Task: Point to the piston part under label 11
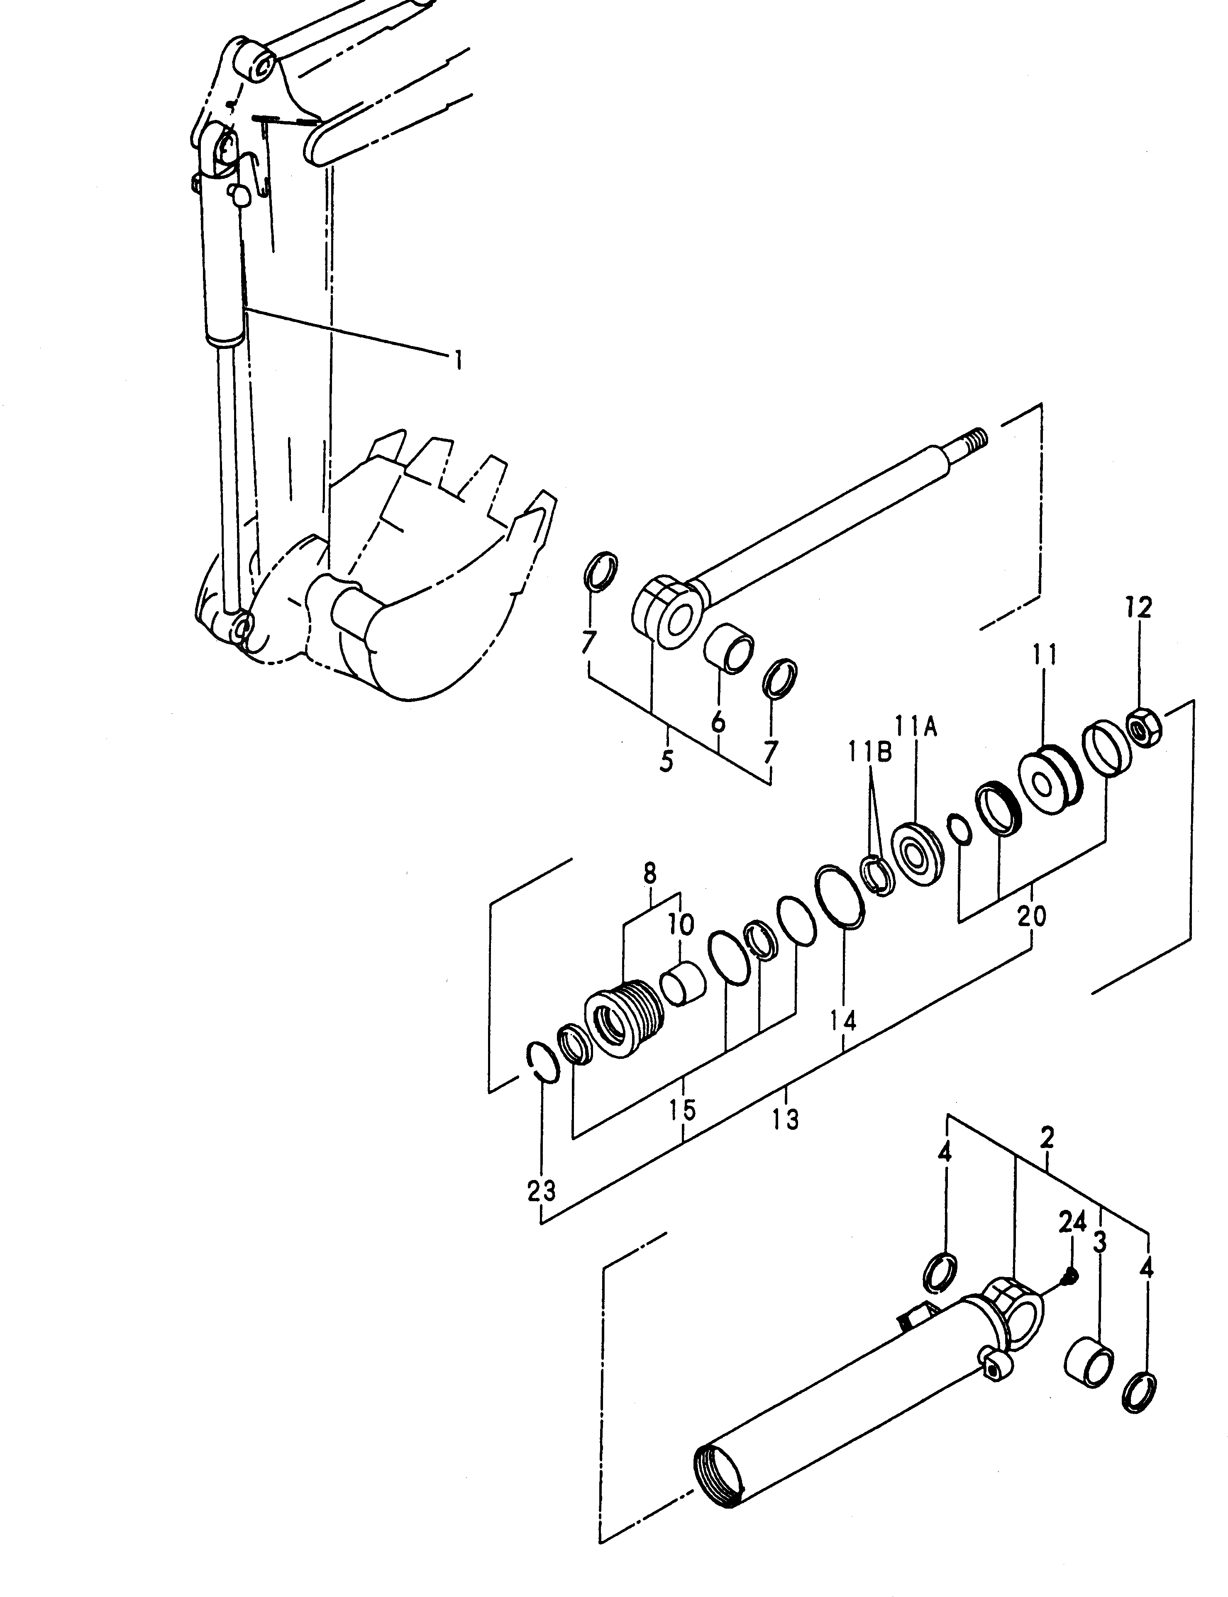(x=1048, y=779)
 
